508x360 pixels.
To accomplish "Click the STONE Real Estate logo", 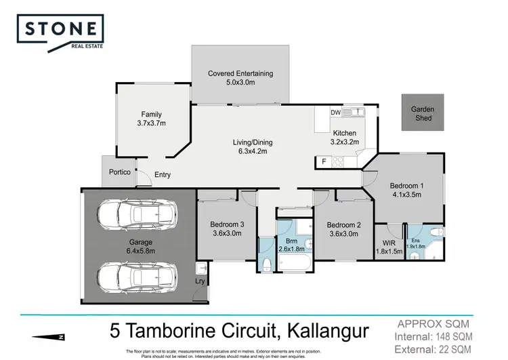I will [x=62, y=33].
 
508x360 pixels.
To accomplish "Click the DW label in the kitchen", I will [x=335, y=113].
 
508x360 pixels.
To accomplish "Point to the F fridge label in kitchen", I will [x=323, y=161].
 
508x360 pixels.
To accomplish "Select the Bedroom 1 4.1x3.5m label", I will [x=407, y=190].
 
